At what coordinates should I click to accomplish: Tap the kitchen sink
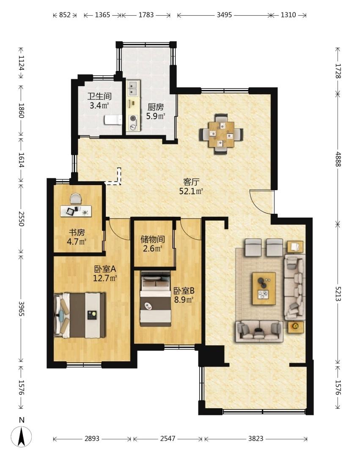(133, 88)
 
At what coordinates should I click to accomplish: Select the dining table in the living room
(221, 134)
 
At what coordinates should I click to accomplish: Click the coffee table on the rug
(264, 288)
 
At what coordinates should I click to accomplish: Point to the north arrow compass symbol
(21, 436)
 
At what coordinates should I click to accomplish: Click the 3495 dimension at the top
(224, 15)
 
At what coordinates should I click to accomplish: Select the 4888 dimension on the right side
(338, 159)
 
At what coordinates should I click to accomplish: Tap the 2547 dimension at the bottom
(168, 438)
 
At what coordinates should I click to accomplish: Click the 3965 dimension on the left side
(21, 309)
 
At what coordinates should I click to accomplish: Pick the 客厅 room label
(191, 182)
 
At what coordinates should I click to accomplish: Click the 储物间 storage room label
(153, 239)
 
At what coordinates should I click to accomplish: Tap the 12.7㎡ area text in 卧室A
(105, 279)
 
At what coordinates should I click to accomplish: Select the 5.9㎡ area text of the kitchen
(155, 116)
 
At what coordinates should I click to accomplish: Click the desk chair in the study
(76, 199)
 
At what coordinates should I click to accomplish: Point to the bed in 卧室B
(155, 298)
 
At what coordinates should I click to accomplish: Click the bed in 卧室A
(80, 315)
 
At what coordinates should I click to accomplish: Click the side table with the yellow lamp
(296, 327)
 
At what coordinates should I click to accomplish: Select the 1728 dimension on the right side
(338, 71)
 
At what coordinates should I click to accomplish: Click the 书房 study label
(77, 232)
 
